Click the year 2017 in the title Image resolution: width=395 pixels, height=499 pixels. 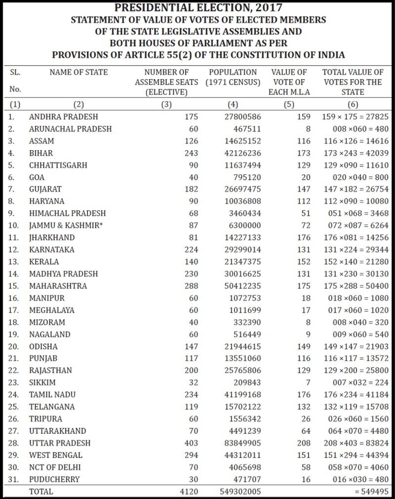[267, 8]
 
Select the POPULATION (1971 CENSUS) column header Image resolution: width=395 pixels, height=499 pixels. [233, 77]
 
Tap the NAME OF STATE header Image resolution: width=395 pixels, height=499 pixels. [79, 72]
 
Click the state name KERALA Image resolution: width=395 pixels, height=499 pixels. [44, 262]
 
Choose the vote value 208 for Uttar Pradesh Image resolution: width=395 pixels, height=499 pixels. [304, 443]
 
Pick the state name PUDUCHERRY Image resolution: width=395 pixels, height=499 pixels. [54, 479]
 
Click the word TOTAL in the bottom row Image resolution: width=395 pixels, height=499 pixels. [41, 492]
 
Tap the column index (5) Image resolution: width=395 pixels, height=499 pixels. [289, 104]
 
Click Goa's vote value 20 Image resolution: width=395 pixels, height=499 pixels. [306, 177]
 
